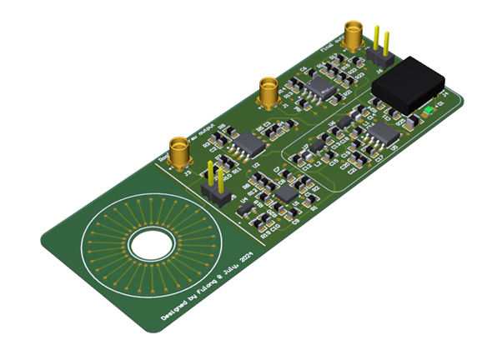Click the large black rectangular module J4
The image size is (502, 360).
[x=409, y=81]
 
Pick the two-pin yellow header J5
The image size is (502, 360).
[x=216, y=187]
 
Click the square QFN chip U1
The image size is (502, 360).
[x=286, y=193]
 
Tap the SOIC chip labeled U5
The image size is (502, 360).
[x=383, y=132]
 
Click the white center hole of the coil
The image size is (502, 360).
[x=151, y=245]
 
